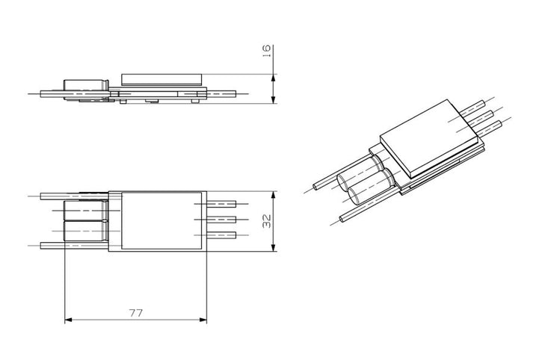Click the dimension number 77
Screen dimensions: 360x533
135,311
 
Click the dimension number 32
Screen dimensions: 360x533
267,221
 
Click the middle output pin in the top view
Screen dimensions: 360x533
224,219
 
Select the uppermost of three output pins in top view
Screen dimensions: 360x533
224,203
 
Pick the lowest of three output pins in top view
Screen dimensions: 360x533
224,235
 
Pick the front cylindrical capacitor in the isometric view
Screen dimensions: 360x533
364,194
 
